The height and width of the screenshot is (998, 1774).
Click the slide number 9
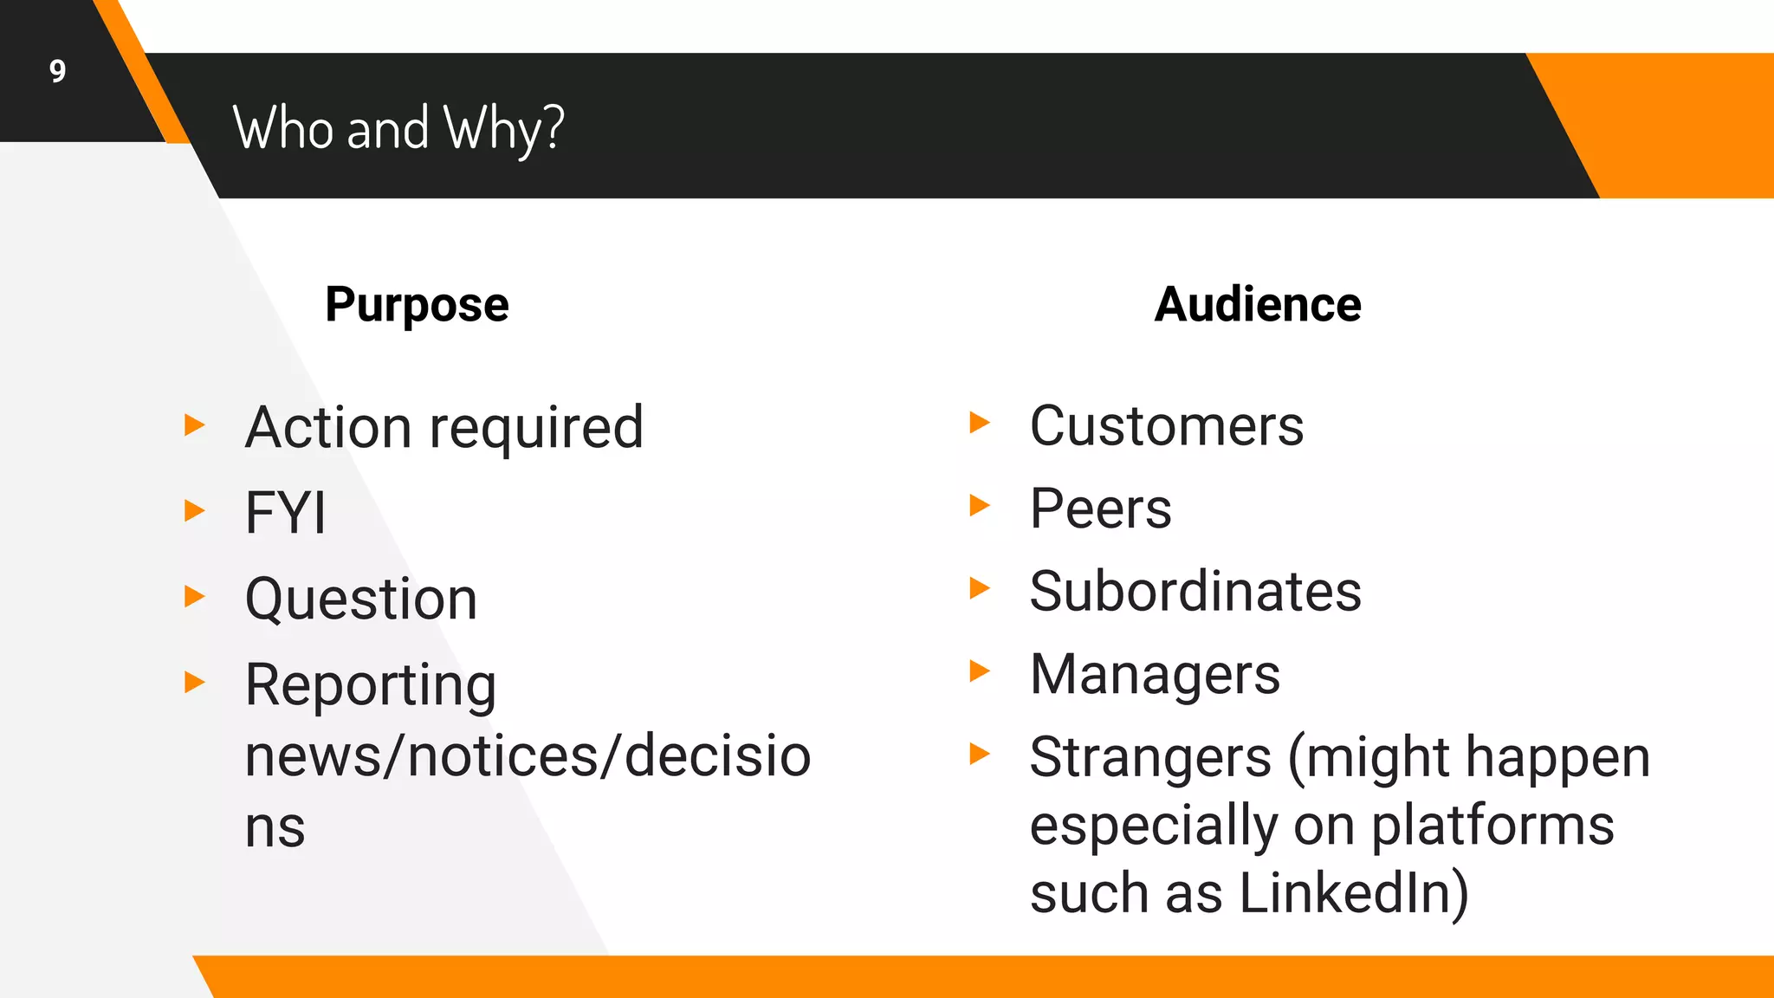click(57, 71)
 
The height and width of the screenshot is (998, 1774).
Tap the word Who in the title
click(283, 127)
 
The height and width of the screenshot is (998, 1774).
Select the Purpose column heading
click(417, 305)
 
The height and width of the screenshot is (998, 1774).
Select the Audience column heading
click(1258, 305)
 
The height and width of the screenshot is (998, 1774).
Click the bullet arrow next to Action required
click(195, 425)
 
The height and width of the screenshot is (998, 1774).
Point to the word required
click(536, 428)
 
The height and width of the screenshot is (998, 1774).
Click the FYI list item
click(286, 512)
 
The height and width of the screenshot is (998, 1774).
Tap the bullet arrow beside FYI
click(195, 510)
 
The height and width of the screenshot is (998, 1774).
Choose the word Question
click(361, 599)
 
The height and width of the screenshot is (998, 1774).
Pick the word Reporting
click(371, 685)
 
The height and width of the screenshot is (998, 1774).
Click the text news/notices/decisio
click(528, 755)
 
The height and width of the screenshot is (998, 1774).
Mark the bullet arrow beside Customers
click(980, 423)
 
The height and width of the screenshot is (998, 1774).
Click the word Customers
click(1167, 425)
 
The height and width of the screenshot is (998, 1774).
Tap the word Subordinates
click(1195, 591)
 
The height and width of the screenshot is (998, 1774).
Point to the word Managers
click(1155, 674)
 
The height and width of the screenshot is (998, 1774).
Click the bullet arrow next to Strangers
click(980, 754)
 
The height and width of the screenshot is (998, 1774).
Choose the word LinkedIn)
click(1354, 892)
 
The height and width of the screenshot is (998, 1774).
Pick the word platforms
click(1492, 825)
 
